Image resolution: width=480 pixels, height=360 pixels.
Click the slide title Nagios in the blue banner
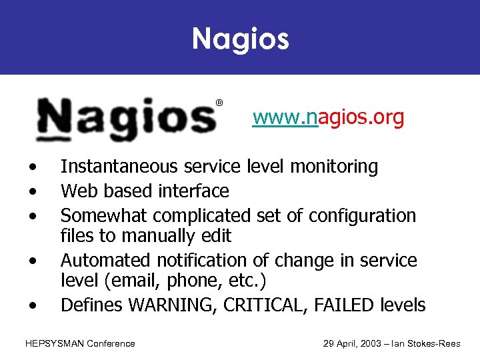coord(240,38)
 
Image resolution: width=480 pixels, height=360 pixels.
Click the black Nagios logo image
coord(127,119)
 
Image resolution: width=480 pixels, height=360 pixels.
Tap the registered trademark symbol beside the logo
coord(219,103)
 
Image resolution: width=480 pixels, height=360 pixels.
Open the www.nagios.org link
coord(328,118)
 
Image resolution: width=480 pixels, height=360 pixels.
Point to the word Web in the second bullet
coord(75,191)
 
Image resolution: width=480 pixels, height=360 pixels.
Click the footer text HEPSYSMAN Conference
coord(80,343)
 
